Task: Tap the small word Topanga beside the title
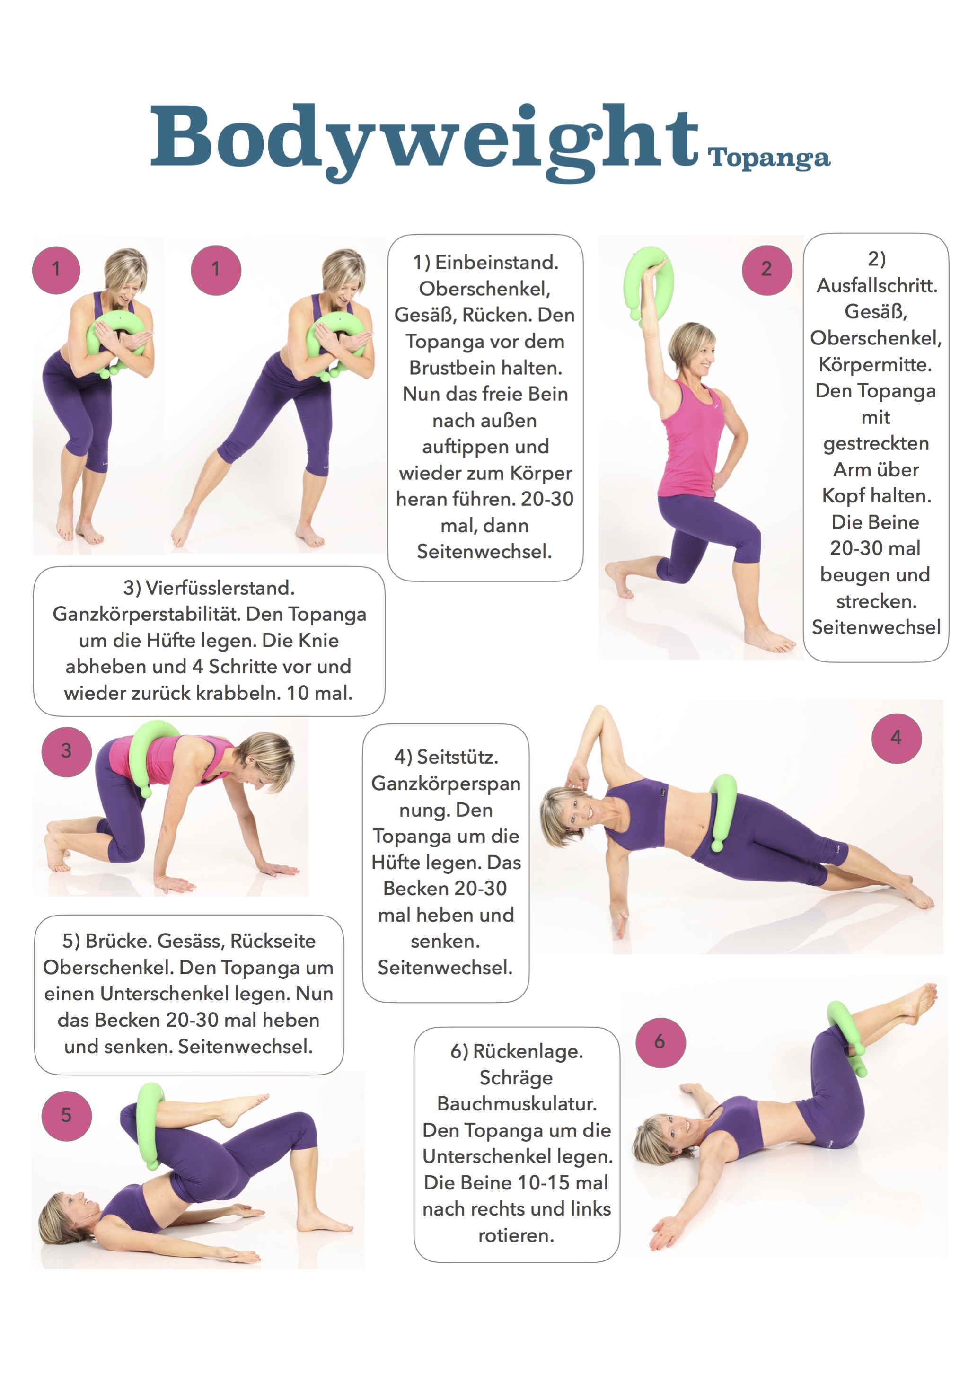tap(769, 159)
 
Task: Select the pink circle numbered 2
tap(767, 269)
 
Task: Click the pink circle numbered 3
tap(66, 751)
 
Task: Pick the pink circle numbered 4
tap(896, 738)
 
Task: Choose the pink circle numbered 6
tap(660, 1042)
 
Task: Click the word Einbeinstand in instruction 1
tap(496, 263)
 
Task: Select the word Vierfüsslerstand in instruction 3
tap(220, 588)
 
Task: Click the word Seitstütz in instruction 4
tap(457, 757)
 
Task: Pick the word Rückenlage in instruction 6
tap(528, 1052)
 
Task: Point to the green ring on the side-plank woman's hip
tap(723, 811)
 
